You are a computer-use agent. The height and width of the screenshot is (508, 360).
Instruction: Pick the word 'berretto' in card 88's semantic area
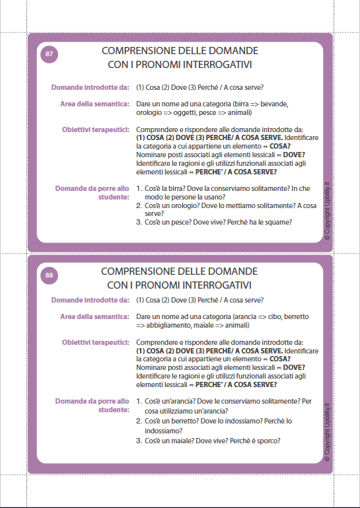[295, 316]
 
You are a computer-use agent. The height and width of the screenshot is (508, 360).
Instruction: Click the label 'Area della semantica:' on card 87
[94, 104]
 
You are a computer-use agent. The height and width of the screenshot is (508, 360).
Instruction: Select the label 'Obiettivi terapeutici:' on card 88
[95, 342]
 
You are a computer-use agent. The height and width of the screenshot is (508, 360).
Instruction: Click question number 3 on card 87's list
[139, 222]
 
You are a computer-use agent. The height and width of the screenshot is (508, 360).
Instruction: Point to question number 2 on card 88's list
[139, 420]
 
